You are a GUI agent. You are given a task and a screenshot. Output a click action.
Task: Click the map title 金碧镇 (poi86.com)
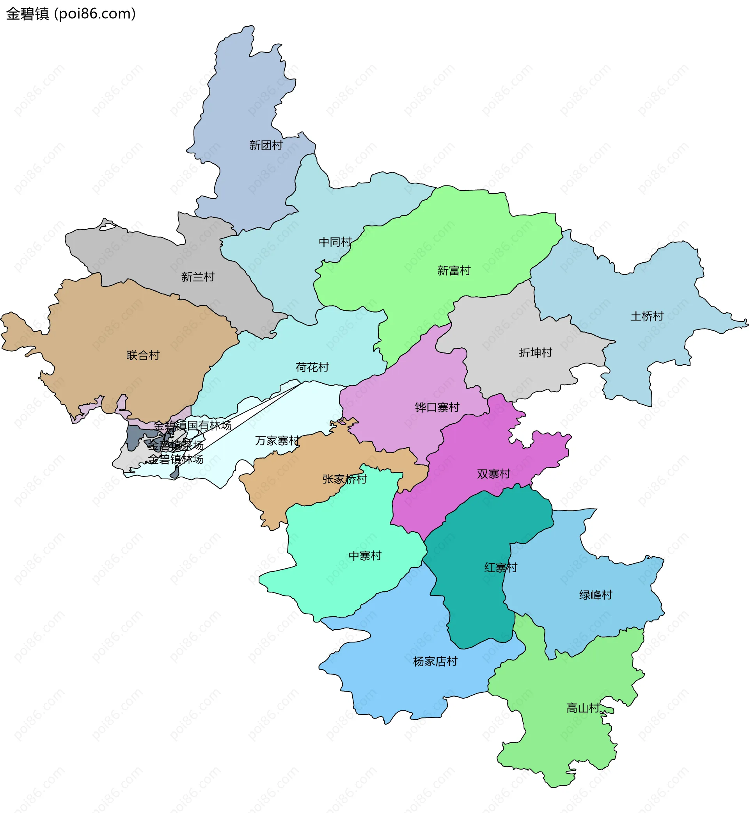click(71, 14)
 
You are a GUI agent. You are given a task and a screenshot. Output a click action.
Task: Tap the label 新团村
click(266, 145)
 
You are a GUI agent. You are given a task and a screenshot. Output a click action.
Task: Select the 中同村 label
click(335, 242)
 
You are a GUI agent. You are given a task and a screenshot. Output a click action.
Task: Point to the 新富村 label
click(454, 270)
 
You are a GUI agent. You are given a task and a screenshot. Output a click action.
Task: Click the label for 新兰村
click(198, 277)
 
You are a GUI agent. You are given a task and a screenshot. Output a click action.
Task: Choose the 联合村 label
click(143, 355)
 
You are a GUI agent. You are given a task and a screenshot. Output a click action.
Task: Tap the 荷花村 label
click(312, 367)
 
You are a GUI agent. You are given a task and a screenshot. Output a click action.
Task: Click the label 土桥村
click(647, 316)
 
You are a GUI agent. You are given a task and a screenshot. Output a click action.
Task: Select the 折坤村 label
click(535, 353)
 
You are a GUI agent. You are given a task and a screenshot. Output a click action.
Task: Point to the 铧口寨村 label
click(437, 407)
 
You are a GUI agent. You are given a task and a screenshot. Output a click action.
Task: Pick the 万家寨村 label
click(277, 441)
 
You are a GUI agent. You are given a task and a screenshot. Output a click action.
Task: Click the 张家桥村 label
click(344, 479)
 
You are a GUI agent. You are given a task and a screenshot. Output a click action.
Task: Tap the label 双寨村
click(493, 474)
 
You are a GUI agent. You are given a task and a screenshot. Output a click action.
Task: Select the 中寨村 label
click(365, 556)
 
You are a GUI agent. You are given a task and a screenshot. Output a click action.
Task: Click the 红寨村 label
click(501, 567)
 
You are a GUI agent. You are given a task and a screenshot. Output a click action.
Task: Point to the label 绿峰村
click(595, 595)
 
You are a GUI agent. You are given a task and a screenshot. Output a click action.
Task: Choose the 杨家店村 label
click(435, 662)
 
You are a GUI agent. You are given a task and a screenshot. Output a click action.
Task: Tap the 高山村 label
click(583, 708)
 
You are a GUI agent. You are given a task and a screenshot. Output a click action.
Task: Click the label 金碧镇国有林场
click(193, 426)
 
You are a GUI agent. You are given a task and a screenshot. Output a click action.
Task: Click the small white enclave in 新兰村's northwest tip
click(107, 227)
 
